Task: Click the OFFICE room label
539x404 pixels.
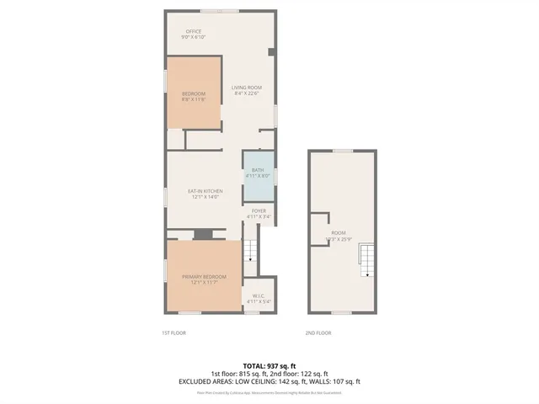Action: (193, 35)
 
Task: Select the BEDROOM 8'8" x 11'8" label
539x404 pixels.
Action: (193, 96)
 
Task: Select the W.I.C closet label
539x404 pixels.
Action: (259, 298)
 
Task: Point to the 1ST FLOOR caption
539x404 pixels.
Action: (173, 332)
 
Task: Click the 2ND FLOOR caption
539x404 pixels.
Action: (318, 332)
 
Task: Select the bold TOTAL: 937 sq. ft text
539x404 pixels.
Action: (266, 365)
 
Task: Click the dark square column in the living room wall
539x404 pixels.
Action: (270, 52)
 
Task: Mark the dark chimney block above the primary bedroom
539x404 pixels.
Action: (202, 235)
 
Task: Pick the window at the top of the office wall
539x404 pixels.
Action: (212, 11)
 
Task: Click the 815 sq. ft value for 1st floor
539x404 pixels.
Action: (250, 373)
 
